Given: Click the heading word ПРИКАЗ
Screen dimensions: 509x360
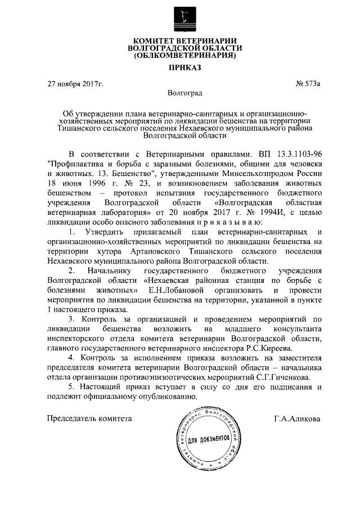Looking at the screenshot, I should [x=180, y=69].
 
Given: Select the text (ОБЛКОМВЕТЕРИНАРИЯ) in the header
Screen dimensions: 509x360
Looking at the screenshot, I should [x=180, y=56].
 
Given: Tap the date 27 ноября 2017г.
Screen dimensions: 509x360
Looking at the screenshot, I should [x=75, y=84].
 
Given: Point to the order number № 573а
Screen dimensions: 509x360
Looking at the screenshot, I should [x=308, y=84].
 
